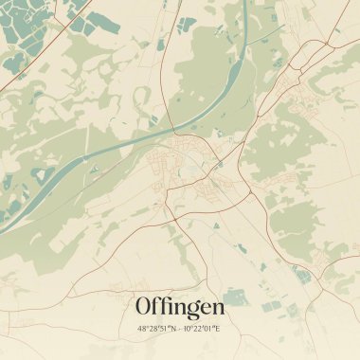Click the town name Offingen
tap(180, 307)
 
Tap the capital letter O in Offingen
tap(145, 307)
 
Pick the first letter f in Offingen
tap(156, 306)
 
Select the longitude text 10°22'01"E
tap(203, 329)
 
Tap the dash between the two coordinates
tap(180, 329)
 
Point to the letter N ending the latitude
tap(173, 329)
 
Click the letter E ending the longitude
tap(218, 329)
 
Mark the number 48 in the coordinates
tap(143, 329)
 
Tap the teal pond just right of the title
tap(236, 300)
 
